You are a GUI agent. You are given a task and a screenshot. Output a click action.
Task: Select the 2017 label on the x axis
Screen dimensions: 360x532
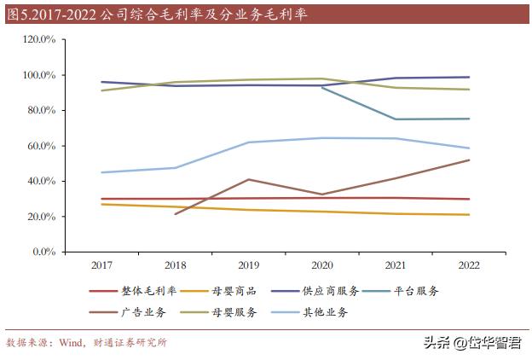(101, 265)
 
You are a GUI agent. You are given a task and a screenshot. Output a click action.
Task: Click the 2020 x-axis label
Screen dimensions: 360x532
(321, 265)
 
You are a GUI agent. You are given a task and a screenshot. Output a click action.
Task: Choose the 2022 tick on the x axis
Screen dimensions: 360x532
(468, 265)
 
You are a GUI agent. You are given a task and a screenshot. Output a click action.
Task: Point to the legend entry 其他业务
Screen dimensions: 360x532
(327, 312)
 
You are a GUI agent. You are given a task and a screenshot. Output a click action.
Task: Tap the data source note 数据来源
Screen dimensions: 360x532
(85, 342)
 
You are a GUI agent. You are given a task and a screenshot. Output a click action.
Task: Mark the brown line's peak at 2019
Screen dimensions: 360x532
(248, 179)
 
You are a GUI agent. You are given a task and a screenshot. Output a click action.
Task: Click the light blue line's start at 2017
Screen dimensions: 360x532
(101, 172)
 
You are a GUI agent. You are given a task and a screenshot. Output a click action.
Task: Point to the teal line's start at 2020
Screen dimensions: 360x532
(321, 87)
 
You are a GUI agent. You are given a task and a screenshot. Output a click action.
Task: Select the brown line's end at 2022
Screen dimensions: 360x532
(468, 160)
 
